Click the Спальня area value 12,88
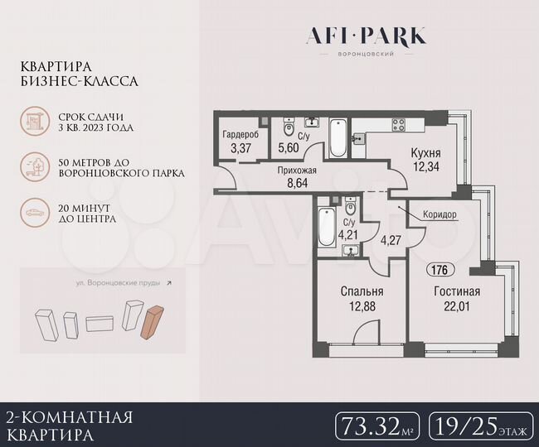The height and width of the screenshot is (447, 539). tap(362, 306)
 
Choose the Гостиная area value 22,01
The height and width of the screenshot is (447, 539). tap(456, 306)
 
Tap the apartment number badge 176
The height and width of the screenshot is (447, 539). tap(440, 269)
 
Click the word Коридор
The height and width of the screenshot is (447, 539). tap(439, 214)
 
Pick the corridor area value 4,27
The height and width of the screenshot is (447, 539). tap(391, 243)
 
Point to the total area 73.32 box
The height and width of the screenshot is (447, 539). tap(377, 426)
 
